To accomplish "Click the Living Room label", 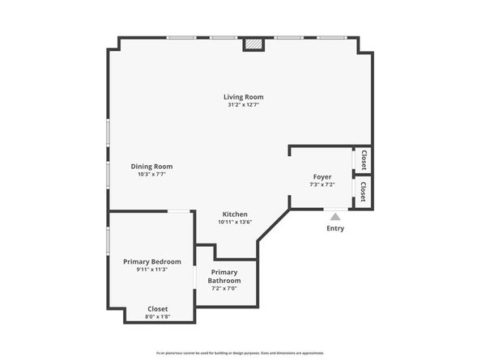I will tap(244, 97).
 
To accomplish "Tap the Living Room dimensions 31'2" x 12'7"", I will tap(244, 105).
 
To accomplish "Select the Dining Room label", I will tap(151, 167).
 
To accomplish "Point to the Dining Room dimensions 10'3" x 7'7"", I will tap(151, 175).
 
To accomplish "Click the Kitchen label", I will tap(235, 214).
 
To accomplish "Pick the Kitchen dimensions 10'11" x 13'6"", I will tap(235, 222).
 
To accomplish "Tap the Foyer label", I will tap(322, 176).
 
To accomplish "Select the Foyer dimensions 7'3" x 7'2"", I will tap(322, 184).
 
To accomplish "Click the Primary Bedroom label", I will tap(151, 261).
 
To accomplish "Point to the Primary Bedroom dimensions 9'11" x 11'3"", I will tap(151, 269).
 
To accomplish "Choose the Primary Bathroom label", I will tap(224, 276).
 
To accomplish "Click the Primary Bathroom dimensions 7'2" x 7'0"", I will tap(224, 289).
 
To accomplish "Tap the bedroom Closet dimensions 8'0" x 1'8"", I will tap(158, 316).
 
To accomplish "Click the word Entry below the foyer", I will tap(335, 228).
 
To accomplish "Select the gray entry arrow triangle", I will tap(335, 215).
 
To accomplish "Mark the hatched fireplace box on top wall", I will tap(254, 46).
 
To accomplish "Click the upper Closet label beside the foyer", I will tap(364, 159).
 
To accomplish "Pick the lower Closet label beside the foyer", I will tap(364, 192).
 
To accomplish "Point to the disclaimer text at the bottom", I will tap(240, 353).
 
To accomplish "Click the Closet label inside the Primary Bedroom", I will tap(158, 308).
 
